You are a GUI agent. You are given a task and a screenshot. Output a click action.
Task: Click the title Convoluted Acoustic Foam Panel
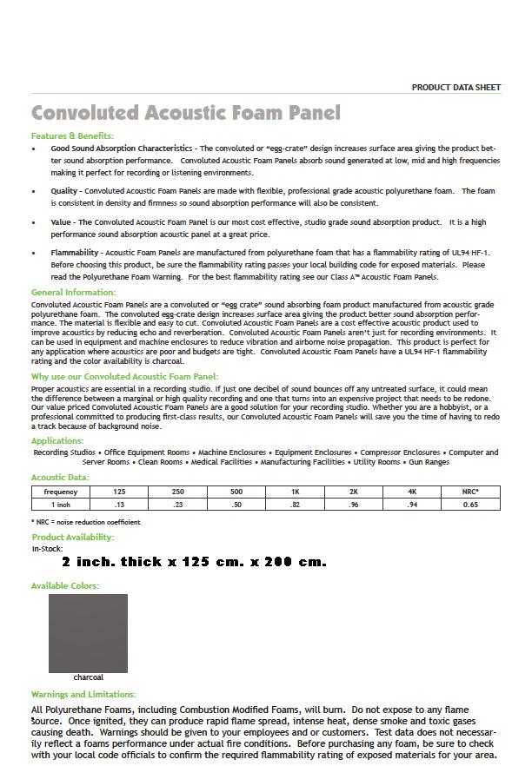185,113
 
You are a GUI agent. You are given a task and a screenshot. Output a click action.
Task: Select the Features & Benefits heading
72,136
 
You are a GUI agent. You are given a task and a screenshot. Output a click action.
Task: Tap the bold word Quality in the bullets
63,191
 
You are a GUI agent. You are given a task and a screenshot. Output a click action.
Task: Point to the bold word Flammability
76,253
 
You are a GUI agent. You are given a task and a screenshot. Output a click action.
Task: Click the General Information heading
73,293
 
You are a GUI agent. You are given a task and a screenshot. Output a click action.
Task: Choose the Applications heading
57,441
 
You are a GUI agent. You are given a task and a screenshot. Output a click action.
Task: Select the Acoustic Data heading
60,478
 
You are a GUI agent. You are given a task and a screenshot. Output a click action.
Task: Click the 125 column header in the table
119,492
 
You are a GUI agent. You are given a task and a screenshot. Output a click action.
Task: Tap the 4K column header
412,492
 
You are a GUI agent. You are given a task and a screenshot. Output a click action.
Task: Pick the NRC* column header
470,492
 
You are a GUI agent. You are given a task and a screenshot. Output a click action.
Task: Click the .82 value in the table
295,505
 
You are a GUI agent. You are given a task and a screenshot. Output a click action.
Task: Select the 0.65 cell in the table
470,505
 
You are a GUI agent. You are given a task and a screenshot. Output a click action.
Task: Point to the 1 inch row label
61,505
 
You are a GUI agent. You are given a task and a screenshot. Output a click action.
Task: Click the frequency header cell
61,492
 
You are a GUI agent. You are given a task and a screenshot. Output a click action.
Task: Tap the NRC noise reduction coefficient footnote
85,522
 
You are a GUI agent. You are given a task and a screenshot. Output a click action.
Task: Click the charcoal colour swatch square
88,633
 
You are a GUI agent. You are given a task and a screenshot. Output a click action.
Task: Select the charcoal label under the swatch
88,677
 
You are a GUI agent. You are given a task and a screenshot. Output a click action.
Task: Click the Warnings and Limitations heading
83,695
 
